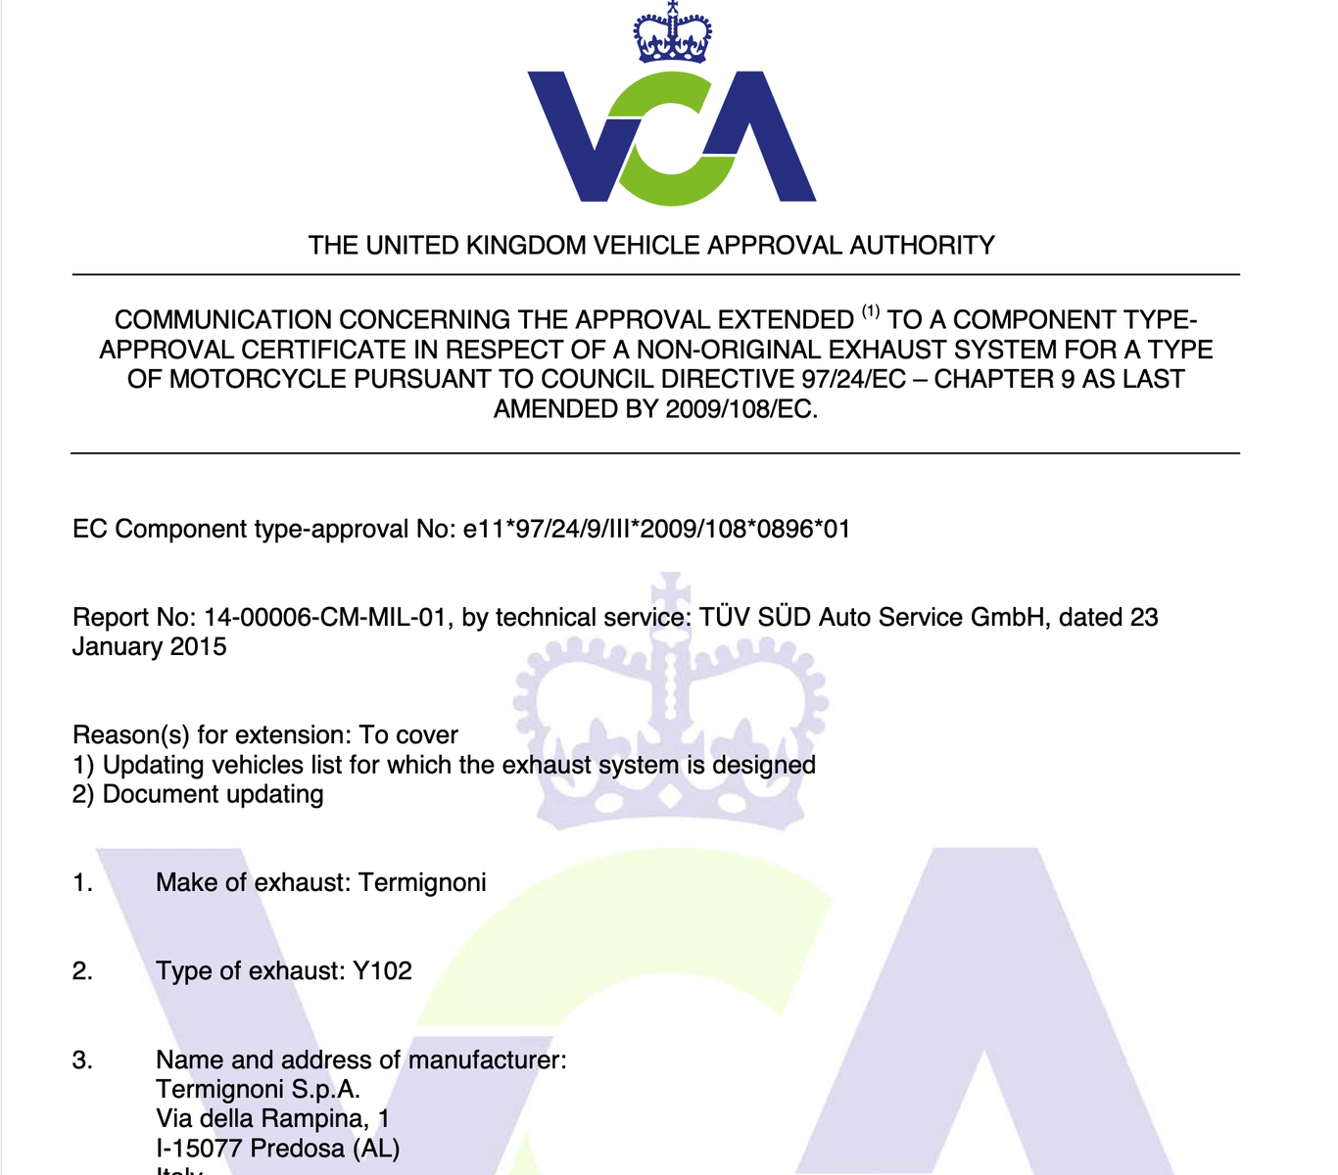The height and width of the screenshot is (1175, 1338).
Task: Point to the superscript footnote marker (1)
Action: tap(871, 312)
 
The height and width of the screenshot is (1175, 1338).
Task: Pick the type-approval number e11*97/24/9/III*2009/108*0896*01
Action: tap(656, 530)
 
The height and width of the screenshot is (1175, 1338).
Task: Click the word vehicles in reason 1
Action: tap(253, 765)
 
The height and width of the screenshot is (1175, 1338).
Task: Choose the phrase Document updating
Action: tap(213, 794)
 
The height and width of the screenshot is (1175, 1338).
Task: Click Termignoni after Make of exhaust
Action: tap(422, 883)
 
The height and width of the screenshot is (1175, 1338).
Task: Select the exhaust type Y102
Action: tap(382, 971)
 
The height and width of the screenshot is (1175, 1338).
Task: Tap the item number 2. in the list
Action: tap(83, 971)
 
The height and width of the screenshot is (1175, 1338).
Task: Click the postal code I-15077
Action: tap(199, 1149)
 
